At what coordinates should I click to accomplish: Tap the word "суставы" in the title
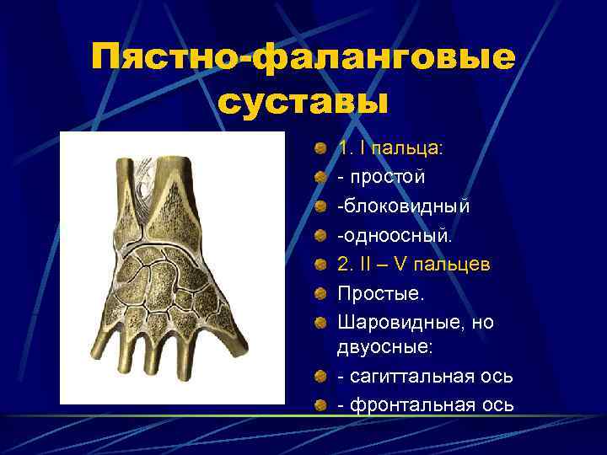[303, 102]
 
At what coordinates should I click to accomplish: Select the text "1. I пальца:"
[389, 148]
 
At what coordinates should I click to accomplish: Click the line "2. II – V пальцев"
[413, 265]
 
